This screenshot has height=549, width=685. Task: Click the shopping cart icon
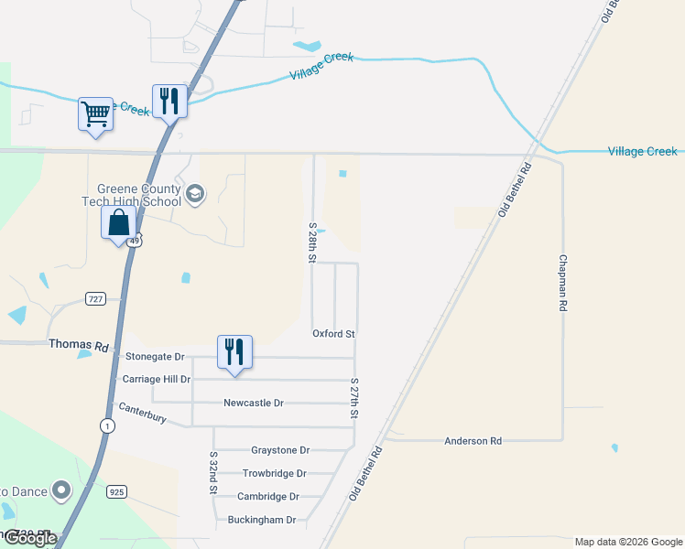pyautogui.click(x=95, y=114)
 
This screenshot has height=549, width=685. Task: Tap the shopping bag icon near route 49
pyautogui.click(x=119, y=222)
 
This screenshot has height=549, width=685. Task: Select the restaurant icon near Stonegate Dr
pyautogui.click(x=234, y=352)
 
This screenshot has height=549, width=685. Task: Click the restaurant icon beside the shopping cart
pyautogui.click(x=169, y=101)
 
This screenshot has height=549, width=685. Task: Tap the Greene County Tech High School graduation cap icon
pyautogui.click(x=194, y=194)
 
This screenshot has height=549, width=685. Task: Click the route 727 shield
pyautogui.click(x=95, y=299)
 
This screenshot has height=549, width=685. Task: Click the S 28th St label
pyautogui.click(x=312, y=242)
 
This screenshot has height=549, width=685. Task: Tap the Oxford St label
pyautogui.click(x=333, y=334)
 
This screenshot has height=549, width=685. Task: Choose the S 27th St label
pyautogui.click(x=353, y=398)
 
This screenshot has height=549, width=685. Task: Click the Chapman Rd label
pyautogui.click(x=562, y=285)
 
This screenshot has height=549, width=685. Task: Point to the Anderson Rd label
pyautogui.click(x=473, y=441)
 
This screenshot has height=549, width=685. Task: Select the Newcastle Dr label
pyautogui.click(x=254, y=403)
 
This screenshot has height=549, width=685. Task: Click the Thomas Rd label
pyautogui.click(x=89, y=347)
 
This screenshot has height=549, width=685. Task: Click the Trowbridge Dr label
pyautogui.click(x=274, y=473)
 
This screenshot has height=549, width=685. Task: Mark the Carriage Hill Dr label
pyautogui.click(x=156, y=379)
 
